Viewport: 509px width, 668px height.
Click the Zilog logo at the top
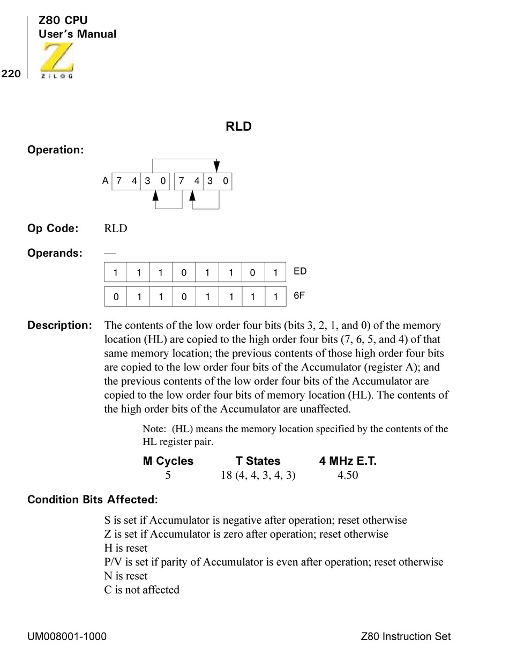tap(57, 61)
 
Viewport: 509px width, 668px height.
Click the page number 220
tap(11, 74)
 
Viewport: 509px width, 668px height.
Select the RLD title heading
tap(238, 127)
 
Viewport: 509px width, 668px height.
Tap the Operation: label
tap(56, 150)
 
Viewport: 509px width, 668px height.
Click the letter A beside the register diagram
tap(105, 181)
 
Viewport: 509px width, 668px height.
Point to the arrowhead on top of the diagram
tap(216, 166)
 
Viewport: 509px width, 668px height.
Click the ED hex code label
tap(300, 271)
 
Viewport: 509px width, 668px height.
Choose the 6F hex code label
tap(300, 295)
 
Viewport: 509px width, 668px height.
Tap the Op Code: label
tap(53, 228)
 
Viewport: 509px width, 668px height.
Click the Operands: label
tap(55, 253)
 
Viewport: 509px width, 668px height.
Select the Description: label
tap(59, 325)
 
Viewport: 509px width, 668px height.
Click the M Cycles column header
tap(168, 461)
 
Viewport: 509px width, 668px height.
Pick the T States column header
tap(258, 461)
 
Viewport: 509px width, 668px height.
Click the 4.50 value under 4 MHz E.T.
tap(347, 475)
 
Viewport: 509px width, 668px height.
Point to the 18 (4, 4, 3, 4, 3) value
tap(258, 475)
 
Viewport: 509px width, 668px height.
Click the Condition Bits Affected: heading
tap(93, 500)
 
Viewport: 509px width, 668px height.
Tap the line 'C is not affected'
tap(142, 590)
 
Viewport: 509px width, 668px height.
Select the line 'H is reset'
tap(126, 548)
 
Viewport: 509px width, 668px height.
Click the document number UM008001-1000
tap(67, 636)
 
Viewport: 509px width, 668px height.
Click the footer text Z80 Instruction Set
tap(406, 636)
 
